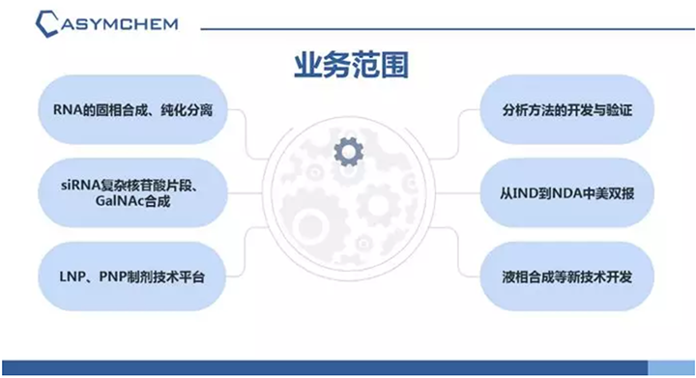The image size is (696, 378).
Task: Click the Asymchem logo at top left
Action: pyautogui.click(x=107, y=21)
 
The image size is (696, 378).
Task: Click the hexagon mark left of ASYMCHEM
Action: pyautogui.click(x=42, y=21)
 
